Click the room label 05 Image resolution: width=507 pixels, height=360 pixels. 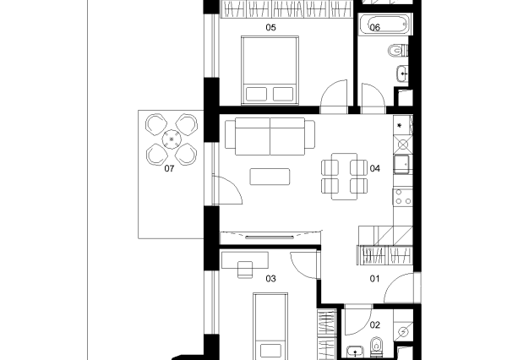pos(270,28)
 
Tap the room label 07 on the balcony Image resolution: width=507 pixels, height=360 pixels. pos(169,168)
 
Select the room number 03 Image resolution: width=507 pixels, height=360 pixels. pos(270,279)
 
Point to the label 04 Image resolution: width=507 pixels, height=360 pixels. pos(374,168)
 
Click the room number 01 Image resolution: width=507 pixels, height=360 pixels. pos(374,279)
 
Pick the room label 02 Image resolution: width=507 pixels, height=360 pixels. pos(374,325)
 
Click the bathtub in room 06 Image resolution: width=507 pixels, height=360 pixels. pos(385,24)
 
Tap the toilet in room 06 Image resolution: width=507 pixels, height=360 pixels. pos(398,51)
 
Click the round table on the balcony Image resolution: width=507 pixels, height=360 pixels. pos(172,139)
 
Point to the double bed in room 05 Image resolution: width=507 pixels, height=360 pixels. pos(270,70)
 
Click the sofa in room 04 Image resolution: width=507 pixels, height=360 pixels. pos(270,136)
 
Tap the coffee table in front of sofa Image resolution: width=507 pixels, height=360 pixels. pos(270,177)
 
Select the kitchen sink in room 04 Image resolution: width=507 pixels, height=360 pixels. pos(401,164)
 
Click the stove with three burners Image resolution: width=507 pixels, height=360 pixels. pos(403,197)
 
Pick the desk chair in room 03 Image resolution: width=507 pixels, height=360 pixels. pos(245,270)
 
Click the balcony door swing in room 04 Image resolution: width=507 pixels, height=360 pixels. pos(227,189)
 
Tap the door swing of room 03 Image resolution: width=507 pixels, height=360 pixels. pos(304,265)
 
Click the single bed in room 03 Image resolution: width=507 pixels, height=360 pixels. pos(270,326)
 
